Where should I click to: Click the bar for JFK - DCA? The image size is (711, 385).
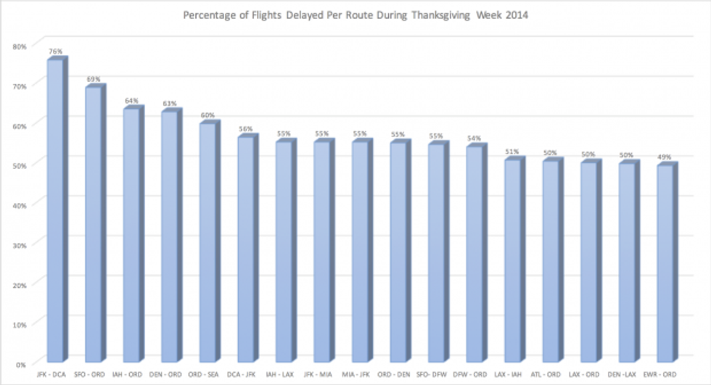tap(55, 210)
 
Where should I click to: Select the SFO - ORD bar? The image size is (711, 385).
tap(94, 225)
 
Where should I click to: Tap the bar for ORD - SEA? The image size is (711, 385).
tap(207, 243)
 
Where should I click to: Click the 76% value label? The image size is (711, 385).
tap(56, 51)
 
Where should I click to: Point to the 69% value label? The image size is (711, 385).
tap(94, 79)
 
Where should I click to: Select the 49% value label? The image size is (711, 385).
tap(665, 157)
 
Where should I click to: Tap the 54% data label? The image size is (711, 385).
tap(474, 138)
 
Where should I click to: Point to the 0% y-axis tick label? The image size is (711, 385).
tap(22, 363)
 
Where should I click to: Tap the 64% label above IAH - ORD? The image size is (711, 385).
tap(131, 100)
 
